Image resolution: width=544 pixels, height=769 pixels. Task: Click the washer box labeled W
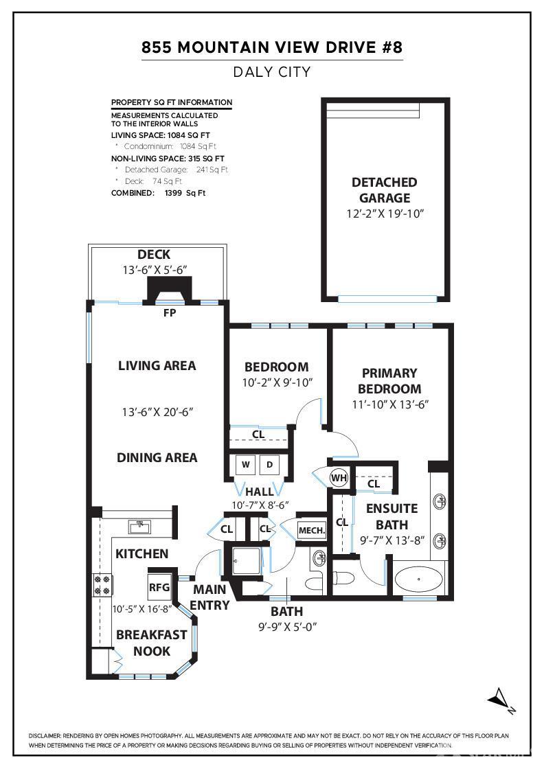coord(245,465)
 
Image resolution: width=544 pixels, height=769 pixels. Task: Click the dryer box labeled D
coord(270,465)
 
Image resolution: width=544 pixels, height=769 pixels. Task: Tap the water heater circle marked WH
coord(339,478)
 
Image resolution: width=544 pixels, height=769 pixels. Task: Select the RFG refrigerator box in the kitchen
coord(159,587)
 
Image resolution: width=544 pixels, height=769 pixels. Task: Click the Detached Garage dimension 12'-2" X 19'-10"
coord(385,214)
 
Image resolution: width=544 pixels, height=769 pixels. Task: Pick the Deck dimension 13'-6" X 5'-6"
coord(154,270)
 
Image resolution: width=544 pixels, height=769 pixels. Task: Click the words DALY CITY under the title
coord(272,71)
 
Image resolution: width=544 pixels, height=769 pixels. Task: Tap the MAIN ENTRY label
coord(210,597)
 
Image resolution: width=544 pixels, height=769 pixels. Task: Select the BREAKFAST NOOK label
coord(151,643)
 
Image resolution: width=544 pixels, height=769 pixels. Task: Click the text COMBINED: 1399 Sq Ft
coord(158,193)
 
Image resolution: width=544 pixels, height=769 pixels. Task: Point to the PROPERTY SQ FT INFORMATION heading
coord(172,103)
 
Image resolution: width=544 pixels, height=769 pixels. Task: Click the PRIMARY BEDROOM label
coord(389,380)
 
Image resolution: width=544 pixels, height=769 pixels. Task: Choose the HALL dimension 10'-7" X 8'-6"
coord(260,505)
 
